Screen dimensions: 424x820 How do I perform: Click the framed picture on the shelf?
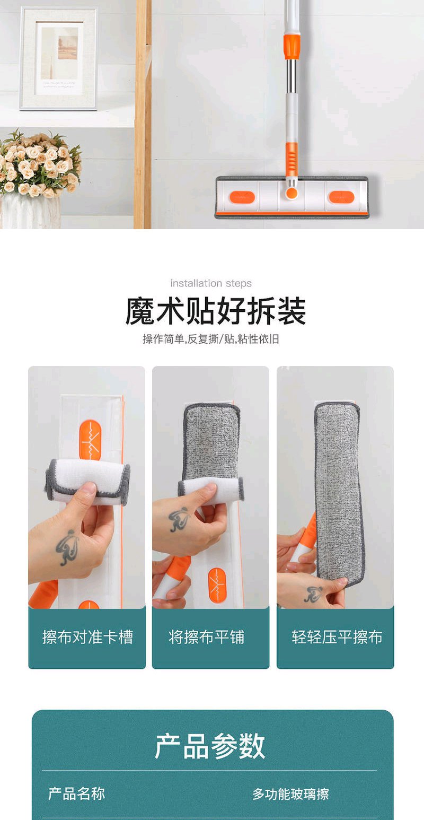click(59, 58)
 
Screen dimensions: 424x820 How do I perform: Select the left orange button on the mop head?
click(242, 197)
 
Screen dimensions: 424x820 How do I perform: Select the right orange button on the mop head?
click(341, 197)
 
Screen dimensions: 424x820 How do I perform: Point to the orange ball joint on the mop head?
click(291, 193)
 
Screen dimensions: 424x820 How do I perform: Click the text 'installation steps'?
click(211, 283)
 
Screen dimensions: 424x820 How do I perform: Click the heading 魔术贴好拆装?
click(216, 311)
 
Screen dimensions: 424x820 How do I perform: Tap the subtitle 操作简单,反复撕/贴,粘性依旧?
click(211, 339)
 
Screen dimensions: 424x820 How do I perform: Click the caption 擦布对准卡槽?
click(87, 637)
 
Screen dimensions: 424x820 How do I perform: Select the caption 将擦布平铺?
click(206, 637)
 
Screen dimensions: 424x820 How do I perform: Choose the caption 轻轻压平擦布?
click(337, 637)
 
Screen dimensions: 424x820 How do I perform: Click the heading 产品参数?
click(210, 746)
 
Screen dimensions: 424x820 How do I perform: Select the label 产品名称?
click(77, 794)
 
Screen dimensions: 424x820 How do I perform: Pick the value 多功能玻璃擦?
click(291, 794)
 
